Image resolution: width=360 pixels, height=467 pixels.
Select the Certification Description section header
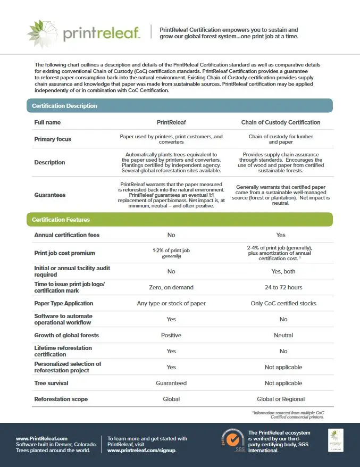tap(64, 106)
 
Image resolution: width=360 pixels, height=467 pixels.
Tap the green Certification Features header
tap(61, 220)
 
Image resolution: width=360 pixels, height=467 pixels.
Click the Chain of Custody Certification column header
tap(281, 122)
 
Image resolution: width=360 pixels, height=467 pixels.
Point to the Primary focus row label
tap(53, 139)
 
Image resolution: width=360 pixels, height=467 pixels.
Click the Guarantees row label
tap(50, 195)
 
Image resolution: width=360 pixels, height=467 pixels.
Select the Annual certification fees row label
tap(66, 235)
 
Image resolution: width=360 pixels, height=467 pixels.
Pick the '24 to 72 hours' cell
tap(283, 288)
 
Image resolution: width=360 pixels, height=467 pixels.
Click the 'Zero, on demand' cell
tap(171, 288)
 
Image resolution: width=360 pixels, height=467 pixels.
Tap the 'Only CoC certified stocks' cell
tap(283, 304)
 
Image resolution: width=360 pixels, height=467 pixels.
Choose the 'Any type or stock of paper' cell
tap(171, 304)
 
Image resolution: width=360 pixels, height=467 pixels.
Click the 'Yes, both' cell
tap(283, 271)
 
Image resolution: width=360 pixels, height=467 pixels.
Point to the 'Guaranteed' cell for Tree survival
tap(171, 383)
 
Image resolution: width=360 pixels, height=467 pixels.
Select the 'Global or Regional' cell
tap(283, 399)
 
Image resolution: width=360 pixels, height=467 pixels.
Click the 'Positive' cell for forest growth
tap(171, 335)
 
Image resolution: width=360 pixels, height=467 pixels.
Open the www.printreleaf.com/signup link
tap(141, 450)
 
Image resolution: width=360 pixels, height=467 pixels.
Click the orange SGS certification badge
tap(232, 439)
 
